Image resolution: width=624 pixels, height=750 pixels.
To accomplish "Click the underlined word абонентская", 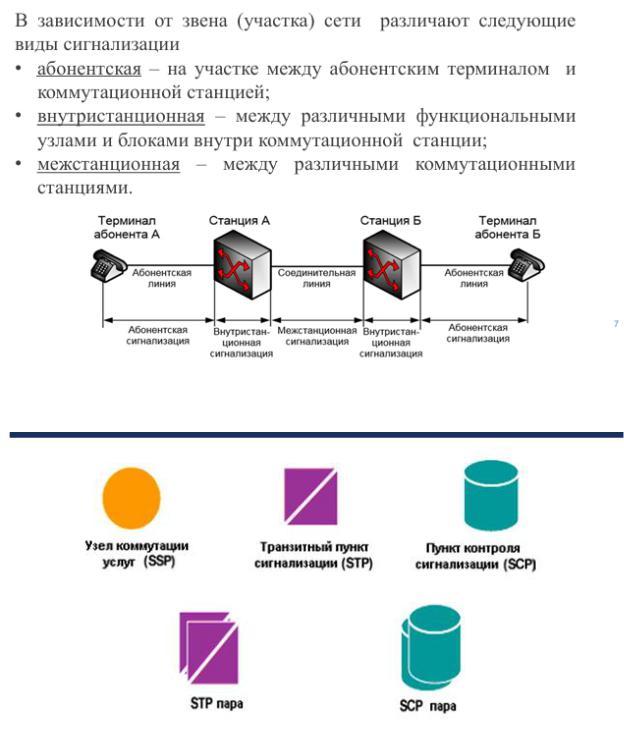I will click(88, 69).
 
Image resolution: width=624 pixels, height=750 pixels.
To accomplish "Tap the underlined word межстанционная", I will click(108, 163).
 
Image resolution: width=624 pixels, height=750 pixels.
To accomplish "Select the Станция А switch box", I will click(241, 265).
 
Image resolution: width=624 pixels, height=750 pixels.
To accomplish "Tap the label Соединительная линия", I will click(316, 277).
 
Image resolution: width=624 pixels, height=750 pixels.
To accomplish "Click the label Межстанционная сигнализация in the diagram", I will click(317, 335).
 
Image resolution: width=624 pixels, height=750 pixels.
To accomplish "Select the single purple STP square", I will click(314, 497).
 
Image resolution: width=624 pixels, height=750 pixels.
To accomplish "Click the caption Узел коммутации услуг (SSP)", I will click(136, 554).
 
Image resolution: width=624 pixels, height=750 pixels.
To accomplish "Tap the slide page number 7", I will click(615, 323).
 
